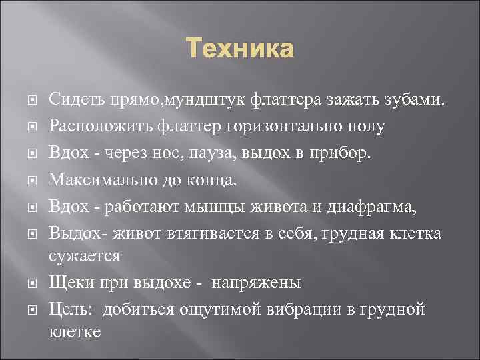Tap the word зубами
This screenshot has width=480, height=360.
coord(411,100)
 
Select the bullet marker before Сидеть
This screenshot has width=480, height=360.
coord(35,100)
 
